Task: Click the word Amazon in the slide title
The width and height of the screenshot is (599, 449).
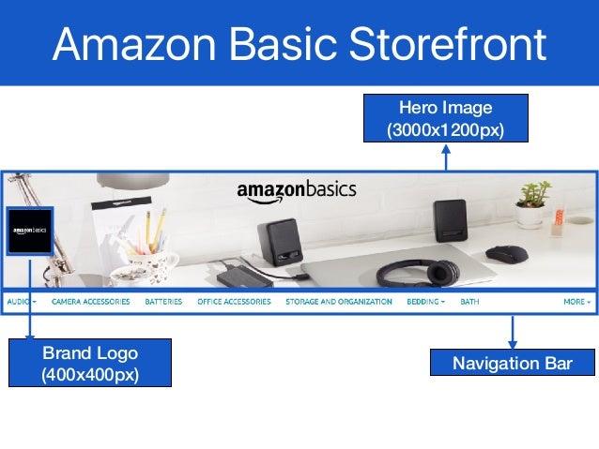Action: tap(132, 44)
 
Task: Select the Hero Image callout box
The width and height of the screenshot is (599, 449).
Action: tap(445, 117)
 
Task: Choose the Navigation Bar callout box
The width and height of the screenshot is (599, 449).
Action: tap(512, 363)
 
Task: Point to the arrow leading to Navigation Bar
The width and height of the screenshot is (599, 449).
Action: tap(513, 332)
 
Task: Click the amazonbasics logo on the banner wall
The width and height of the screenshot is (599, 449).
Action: tap(296, 191)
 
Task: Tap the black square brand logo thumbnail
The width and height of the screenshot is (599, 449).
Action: tap(30, 231)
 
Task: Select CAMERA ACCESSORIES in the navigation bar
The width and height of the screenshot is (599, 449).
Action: tap(90, 302)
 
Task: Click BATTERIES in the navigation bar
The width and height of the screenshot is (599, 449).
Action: tap(163, 302)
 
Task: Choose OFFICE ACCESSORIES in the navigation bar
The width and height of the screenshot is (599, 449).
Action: tap(234, 302)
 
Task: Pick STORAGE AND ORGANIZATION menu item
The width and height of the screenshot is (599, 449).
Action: tap(338, 302)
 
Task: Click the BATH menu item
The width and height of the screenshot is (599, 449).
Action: tap(469, 302)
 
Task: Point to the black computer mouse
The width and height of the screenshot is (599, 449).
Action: tap(506, 253)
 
